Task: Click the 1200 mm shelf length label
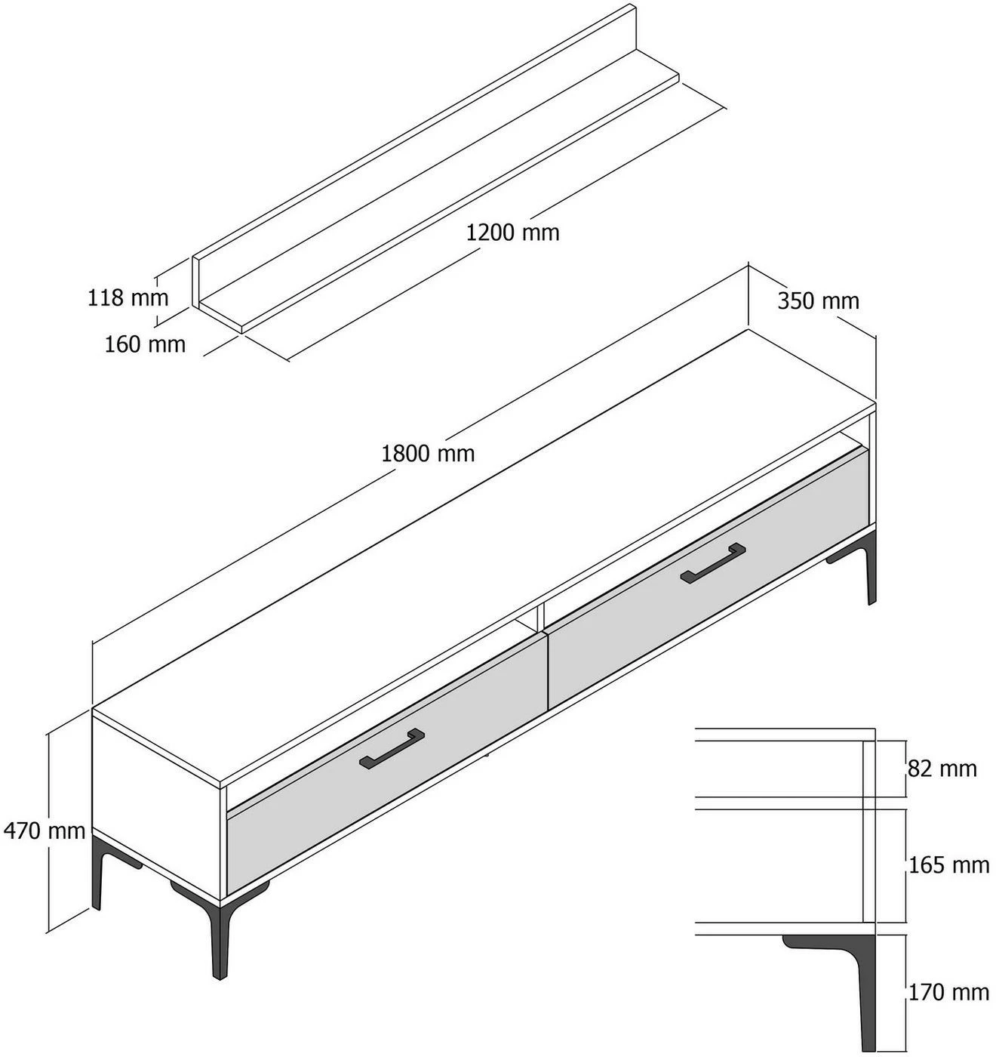point(513,233)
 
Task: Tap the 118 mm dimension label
point(128,297)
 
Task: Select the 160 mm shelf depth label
point(145,344)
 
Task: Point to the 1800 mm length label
point(428,454)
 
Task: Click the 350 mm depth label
point(818,301)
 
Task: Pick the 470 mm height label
point(45,830)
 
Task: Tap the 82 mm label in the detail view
point(942,769)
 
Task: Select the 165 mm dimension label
point(948,865)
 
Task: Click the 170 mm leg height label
point(948,993)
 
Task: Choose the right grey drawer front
point(709,579)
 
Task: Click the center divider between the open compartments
point(540,618)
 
